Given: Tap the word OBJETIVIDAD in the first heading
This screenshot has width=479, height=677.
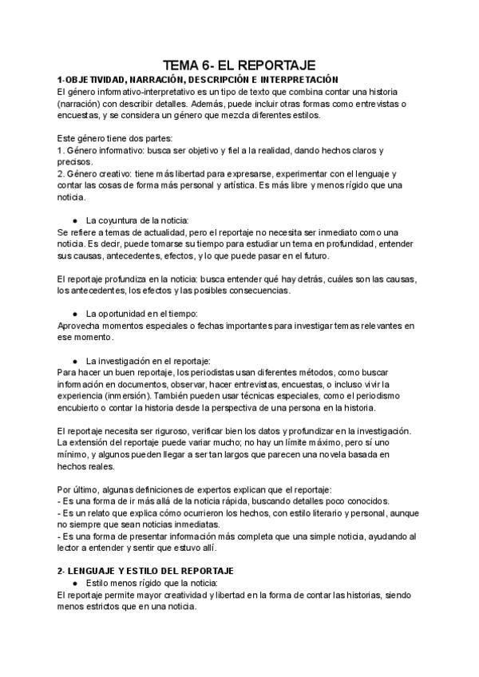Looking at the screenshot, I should [x=94, y=80].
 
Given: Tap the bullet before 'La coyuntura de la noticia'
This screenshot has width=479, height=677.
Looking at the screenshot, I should [x=74, y=220].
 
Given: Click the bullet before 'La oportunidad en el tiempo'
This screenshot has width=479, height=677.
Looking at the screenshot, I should [x=74, y=312].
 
